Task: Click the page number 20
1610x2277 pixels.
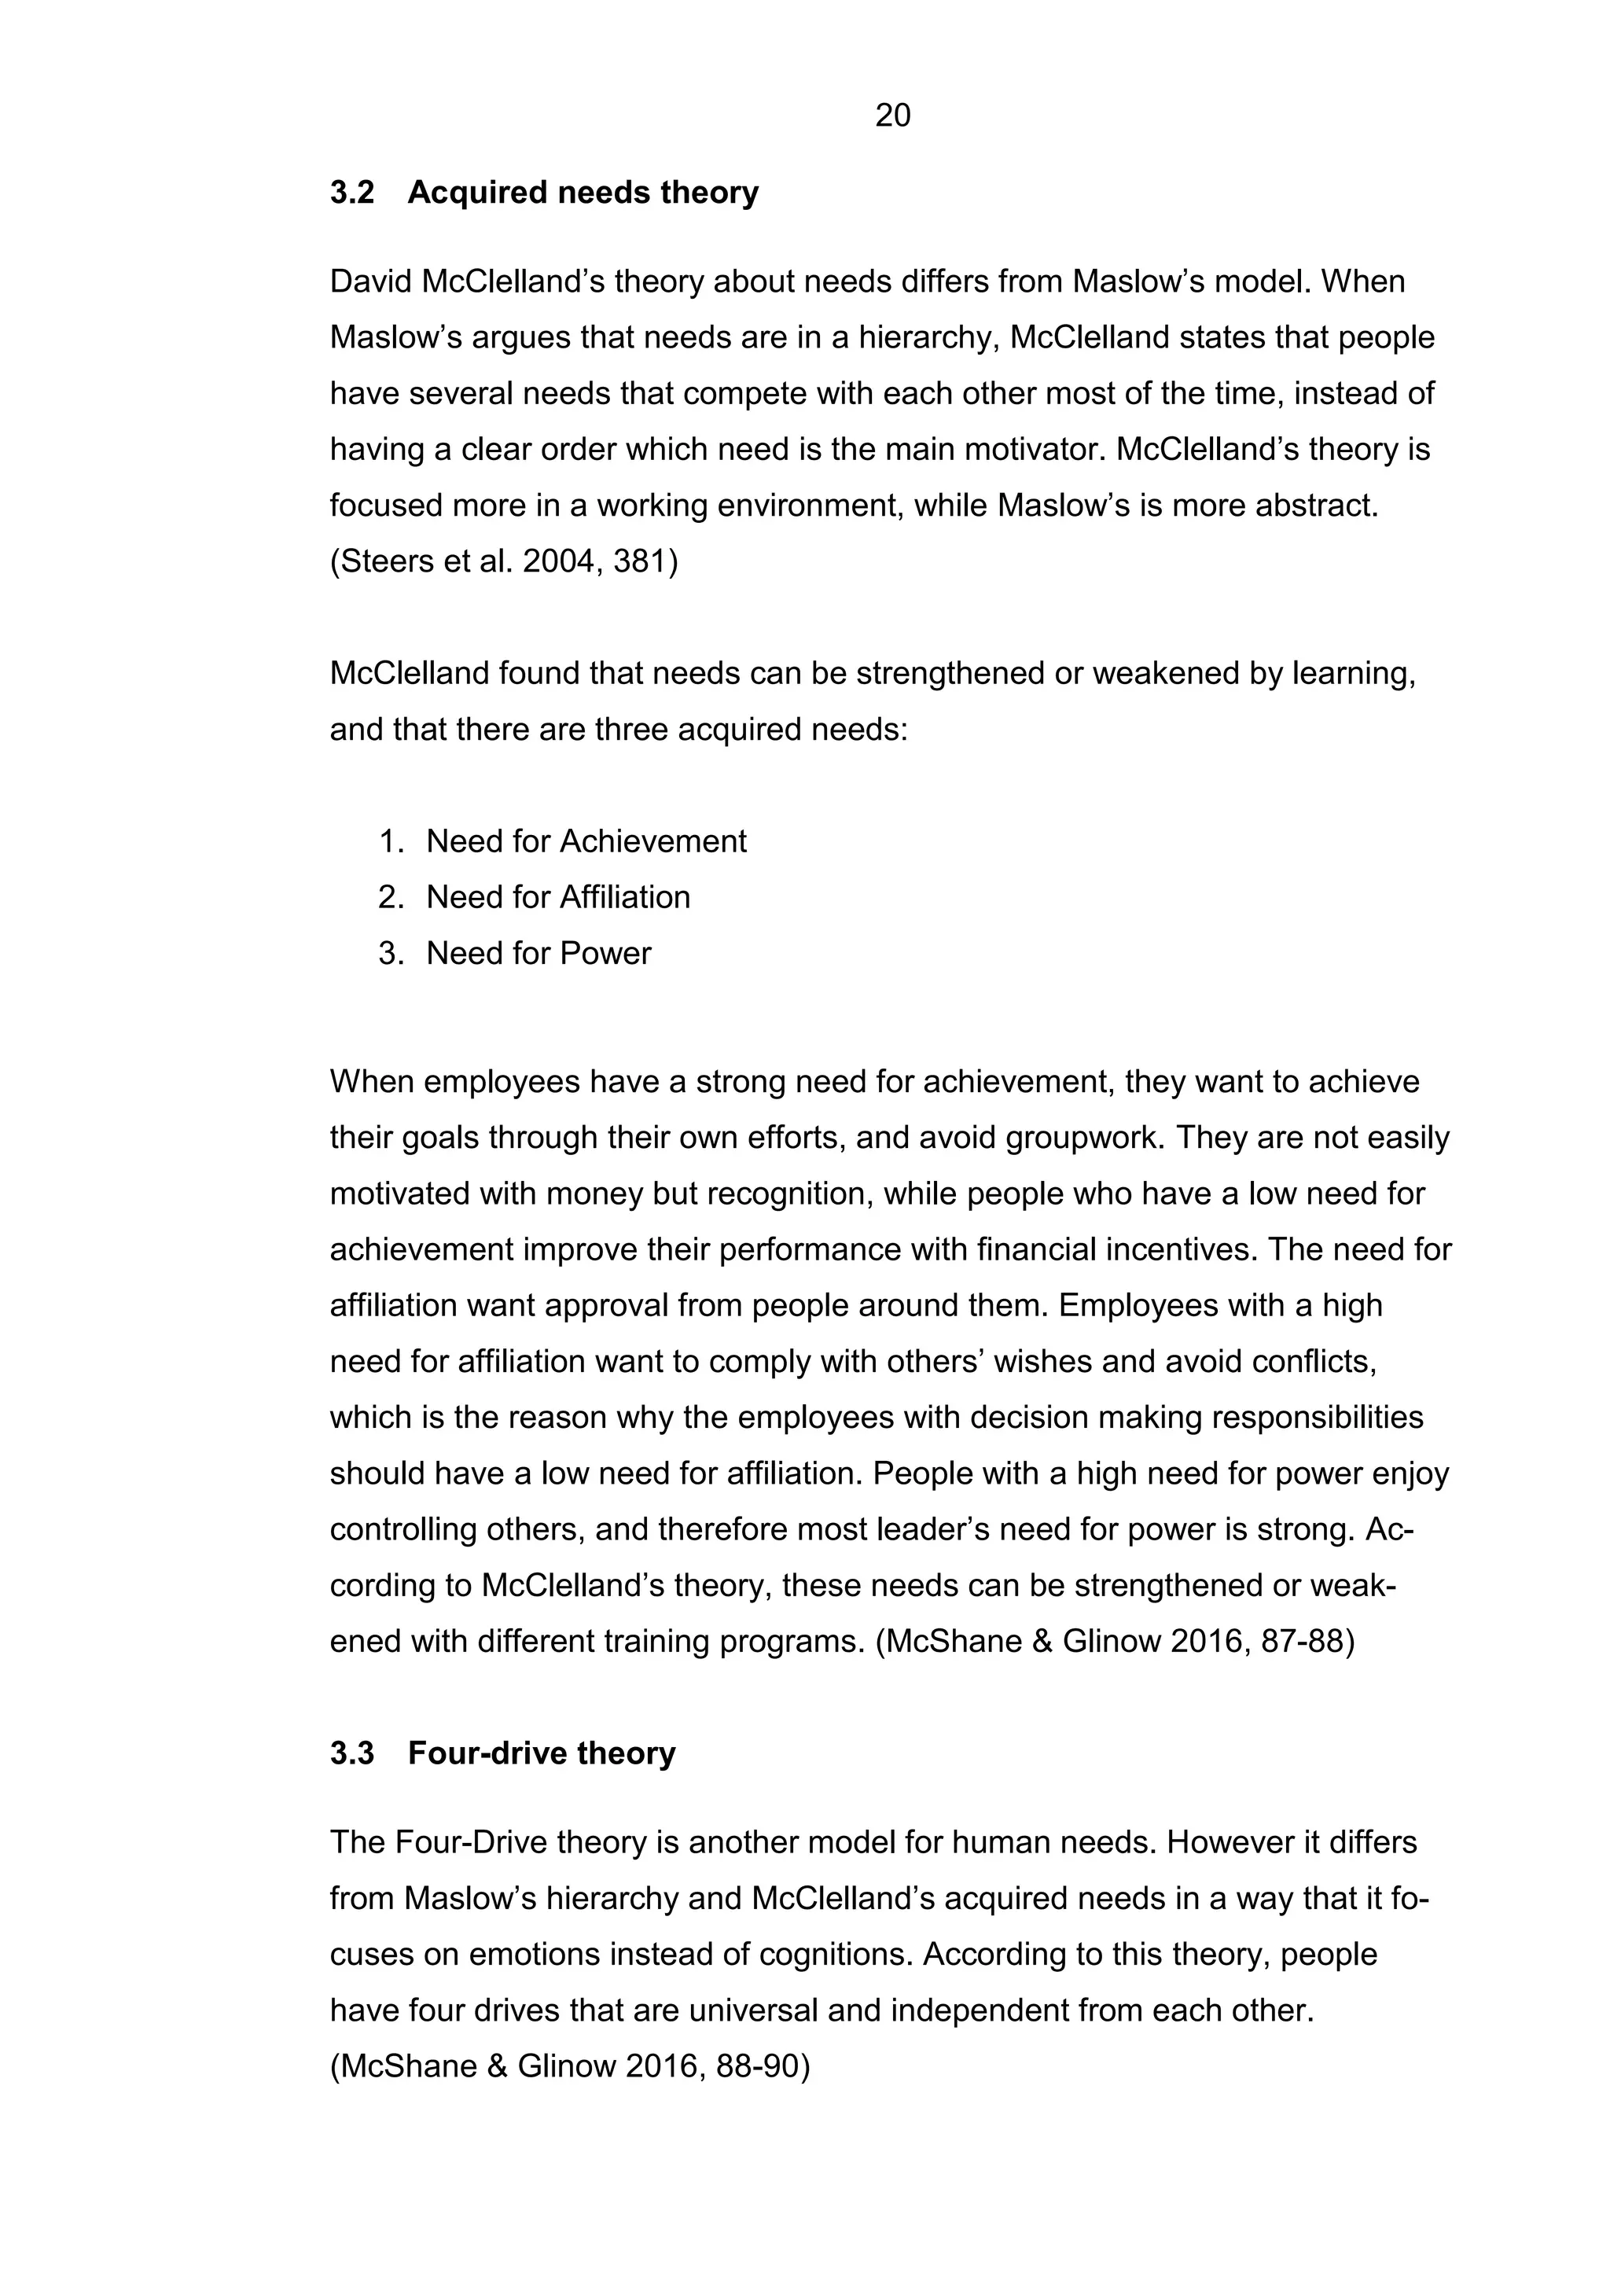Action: coord(892,116)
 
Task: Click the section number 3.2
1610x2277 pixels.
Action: coord(352,193)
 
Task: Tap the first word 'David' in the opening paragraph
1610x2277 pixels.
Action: coord(371,281)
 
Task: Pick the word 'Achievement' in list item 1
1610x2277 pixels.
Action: coord(652,842)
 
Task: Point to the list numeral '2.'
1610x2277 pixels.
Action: coord(391,897)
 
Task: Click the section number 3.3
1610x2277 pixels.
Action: coord(352,1753)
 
